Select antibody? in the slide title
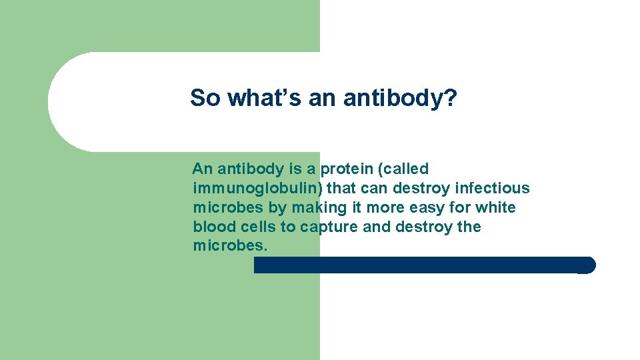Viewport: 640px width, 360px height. (x=400, y=98)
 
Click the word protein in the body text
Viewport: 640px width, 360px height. (x=348, y=169)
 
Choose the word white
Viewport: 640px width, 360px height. (x=495, y=208)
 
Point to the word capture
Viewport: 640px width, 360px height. (x=329, y=227)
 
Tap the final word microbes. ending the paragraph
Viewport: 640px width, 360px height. (x=230, y=246)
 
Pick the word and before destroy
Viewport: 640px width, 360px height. (x=377, y=227)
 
